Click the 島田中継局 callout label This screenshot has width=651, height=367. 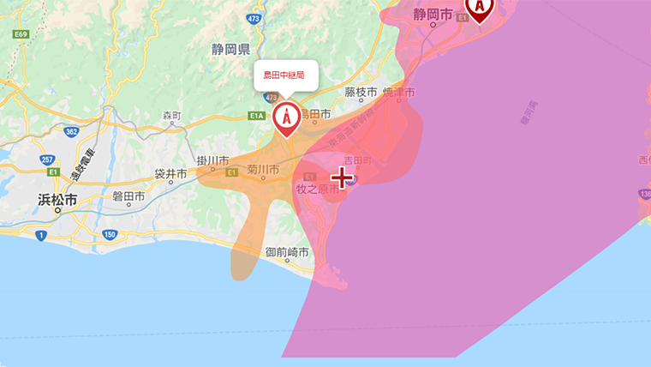(x=285, y=75)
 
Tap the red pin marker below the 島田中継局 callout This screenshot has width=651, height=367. (x=286, y=117)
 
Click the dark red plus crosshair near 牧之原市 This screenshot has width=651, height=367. (x=342, y=177)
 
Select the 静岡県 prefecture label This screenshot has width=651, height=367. (x=230, y=50)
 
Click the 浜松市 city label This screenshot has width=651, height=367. (x=57, y=200)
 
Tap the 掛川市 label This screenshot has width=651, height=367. (x=212, y=160)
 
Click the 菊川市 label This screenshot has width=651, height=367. (x=263, y=171)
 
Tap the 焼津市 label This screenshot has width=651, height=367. (x=398, y=92)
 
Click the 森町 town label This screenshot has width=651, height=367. (x=171, y=115)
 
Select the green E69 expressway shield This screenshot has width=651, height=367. (x=22, y=34)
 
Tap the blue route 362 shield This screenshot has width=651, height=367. (x=71, y=130)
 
